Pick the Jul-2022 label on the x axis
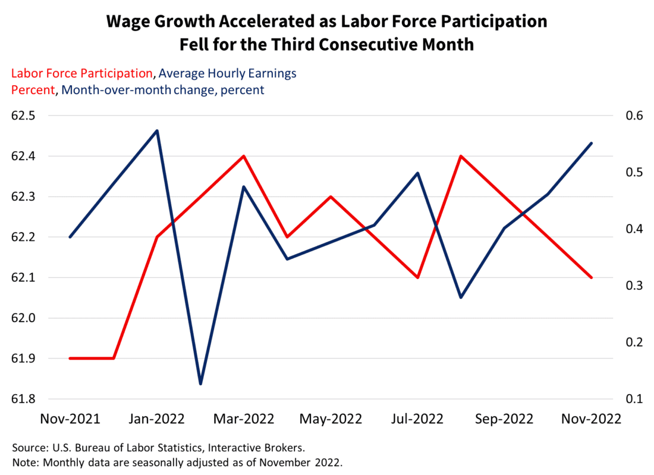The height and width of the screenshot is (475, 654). click(418, 418)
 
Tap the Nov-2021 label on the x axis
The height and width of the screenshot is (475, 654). click(70, 418)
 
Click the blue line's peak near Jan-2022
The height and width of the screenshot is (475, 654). click(157, 130)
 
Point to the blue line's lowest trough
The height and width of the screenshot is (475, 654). click(200, 384)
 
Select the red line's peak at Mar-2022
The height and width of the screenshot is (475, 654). click(244, 156)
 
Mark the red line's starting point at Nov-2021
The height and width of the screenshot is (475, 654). click(70, 358)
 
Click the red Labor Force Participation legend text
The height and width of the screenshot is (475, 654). click(82, 73)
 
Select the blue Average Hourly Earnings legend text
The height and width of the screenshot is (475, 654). click(228, 73)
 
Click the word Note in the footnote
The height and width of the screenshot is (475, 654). click(24, 462)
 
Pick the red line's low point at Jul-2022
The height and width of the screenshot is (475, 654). click(418, 277)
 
